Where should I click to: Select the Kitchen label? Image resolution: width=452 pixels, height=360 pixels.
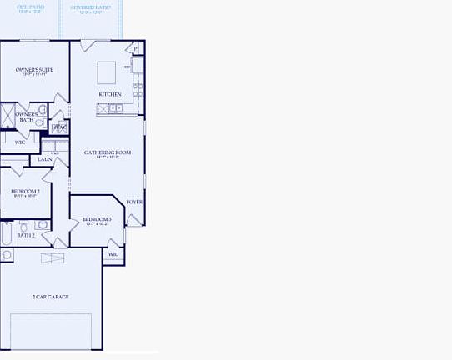point(110,94)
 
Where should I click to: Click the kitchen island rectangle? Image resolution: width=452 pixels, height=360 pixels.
point(107,72)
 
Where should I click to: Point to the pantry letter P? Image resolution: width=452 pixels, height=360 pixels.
point(136,50)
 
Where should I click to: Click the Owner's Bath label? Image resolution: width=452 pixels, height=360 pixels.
point(26,117)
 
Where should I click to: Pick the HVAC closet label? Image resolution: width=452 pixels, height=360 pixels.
point(58,127)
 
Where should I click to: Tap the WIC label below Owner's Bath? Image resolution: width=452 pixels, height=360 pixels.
point(20,142)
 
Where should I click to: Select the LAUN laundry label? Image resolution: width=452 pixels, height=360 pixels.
point(44,159)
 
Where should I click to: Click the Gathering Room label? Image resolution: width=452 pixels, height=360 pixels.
point(108,152)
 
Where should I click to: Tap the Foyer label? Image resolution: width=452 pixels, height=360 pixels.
point(134,202)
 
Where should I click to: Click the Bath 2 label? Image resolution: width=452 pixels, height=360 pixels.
point(25,235)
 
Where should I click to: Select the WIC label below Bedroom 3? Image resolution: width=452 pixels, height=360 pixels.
point(113,254)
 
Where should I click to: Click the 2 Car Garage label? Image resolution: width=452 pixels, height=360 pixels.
point(50,297)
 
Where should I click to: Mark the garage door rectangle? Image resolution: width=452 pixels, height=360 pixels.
point(50,332)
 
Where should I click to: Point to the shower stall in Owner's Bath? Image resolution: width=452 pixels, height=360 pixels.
point(7,115)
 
